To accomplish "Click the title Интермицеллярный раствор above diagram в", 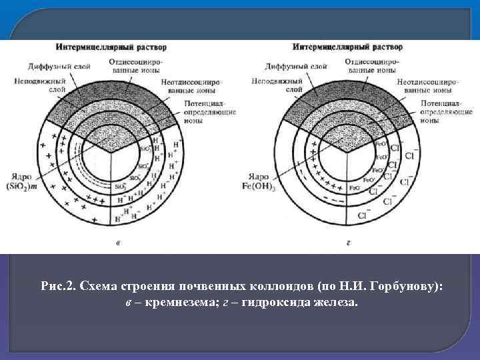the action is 111,47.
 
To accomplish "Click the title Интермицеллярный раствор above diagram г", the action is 348,47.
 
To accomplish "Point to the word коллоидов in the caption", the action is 247,285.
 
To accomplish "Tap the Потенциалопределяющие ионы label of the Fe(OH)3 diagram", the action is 441,113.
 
